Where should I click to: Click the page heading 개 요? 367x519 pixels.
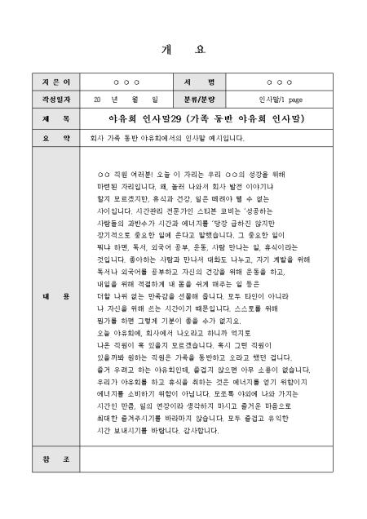183,49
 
